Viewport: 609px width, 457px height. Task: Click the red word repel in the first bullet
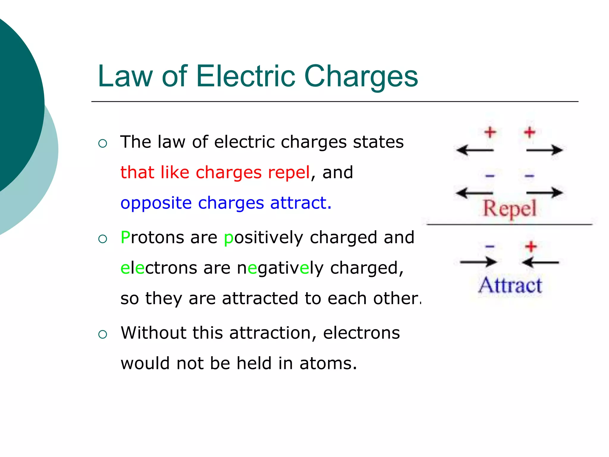click(x=289, y=173)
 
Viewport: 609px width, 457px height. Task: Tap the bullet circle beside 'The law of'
click(x=103, y=144)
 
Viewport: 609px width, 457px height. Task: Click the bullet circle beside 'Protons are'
click(x=103, y=239)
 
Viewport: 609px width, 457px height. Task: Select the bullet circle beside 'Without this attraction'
click(x=103, y=334)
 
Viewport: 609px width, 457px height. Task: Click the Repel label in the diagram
click(x=509, y=208)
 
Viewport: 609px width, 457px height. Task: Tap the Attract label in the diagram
click(x=510, y=285)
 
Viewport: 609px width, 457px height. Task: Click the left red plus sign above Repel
click(x=490, y=132)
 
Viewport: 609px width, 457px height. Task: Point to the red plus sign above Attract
click(x=531, y=246)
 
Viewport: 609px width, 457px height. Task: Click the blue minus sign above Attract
click(x=490, y=246)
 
